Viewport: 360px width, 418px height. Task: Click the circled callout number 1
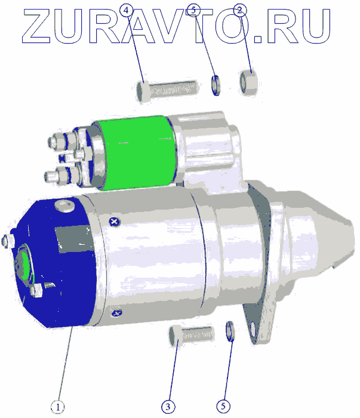pyautogui.click(x=57, y=407)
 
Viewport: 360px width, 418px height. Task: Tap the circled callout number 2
pyautogui.click(x=240, y=10)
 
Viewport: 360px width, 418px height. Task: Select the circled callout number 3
pyautogui.click(x=168, y=407)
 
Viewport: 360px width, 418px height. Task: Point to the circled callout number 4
pyautogui.click(x=127, y=10)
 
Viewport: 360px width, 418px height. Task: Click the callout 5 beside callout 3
pyautogui.click(x=223, y=406)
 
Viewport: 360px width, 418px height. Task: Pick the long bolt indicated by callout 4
pyautogui.click(x=167, y=91)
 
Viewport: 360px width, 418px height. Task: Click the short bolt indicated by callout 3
pyautogui.click(x=191, y=335)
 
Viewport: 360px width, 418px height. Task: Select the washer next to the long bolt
pyautogui.click(x=216, y=85)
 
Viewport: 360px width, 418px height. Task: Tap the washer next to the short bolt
pyautogui.click(x=230, y=331)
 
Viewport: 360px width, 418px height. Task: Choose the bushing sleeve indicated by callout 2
pyautogui.click(x=249, y=82)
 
